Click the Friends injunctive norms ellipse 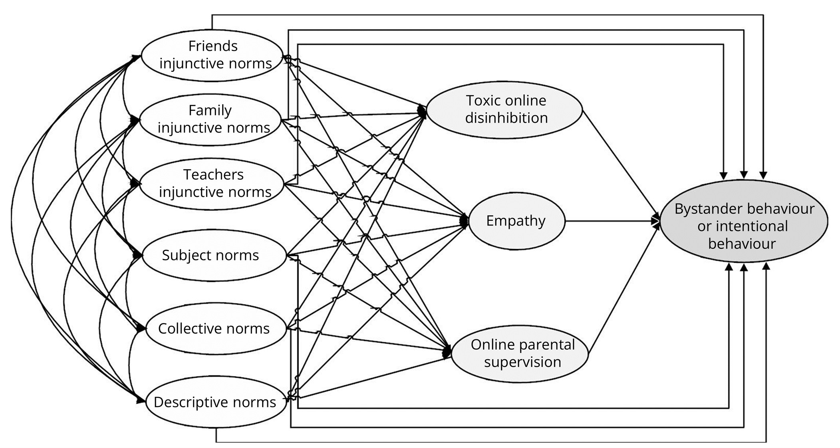click(x=212, y=55)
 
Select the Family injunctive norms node click(x=210, y=119)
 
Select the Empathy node click(x=516, y=221)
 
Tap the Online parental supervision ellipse click(x=520, y=353)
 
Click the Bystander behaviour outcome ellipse click(x=744, y=221)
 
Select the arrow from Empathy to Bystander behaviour click(x=611, y=221)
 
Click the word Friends click(x=213, y=46)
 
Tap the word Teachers click(x=213, y=175)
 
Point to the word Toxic click(x=483, y=101)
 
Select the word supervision click(x=522, y=362)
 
